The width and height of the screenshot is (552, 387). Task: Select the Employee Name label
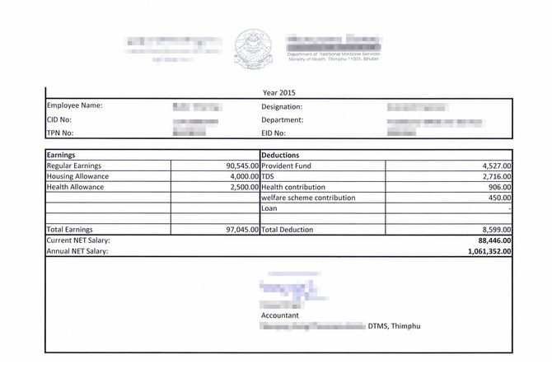click(x=74, y=106)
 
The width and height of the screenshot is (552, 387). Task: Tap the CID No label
click(x=60, y=119)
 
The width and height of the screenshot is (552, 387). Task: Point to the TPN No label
click(x=61, y=133)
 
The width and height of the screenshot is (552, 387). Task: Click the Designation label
click(x=282, y=107)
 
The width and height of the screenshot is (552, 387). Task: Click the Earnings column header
click(x=62, y=154)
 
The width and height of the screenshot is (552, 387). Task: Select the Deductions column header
click(x=280, y=154)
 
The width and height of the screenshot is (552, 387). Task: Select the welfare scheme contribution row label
click(x=308, y=198)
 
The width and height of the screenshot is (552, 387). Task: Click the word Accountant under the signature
click(x=280, y=315)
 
